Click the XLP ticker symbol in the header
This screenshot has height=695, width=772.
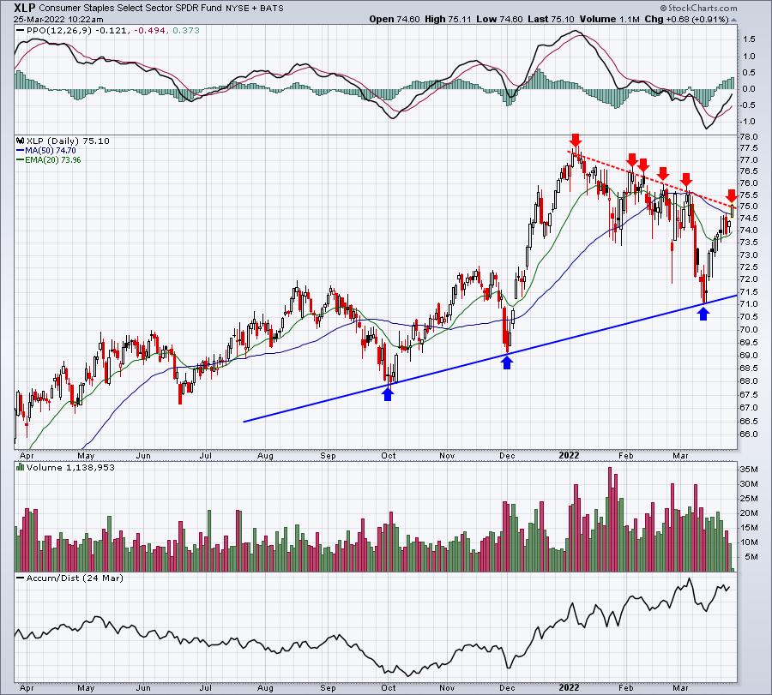pyautogui.click(x=25, y=8)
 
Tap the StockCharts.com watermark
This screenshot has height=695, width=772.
pyautogui.click(x=698, y=8)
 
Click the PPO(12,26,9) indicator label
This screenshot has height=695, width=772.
pyautogui.click(x=59, y=31)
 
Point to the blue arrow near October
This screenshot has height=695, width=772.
pyautogui.click(x=388, y=394)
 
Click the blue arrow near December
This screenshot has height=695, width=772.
pyautogui.click(x=507, y=362)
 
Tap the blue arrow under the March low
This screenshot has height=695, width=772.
pyautogui.click(x=703, y=314)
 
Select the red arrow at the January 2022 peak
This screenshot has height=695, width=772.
pyautogui.click(x=575, y=140)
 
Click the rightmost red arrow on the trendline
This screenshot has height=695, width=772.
pyautogui.click(x=732, y=195)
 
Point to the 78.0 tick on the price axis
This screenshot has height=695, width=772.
pyautogui.click(x=749, y=137)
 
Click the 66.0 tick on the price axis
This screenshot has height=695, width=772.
pyautogui.click(x=749, y=434)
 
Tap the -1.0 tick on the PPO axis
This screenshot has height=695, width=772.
pyautogui.click(x=748, y=122)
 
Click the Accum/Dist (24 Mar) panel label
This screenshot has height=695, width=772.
pyautogui.click(x=75, y=578)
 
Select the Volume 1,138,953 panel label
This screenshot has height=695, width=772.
pyautogui.click(x=70, y=467)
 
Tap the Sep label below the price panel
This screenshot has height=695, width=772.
pyautogui.click(x=328, y=456)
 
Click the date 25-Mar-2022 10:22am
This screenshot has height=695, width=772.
pyautogui.click(x=58, y=19)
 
